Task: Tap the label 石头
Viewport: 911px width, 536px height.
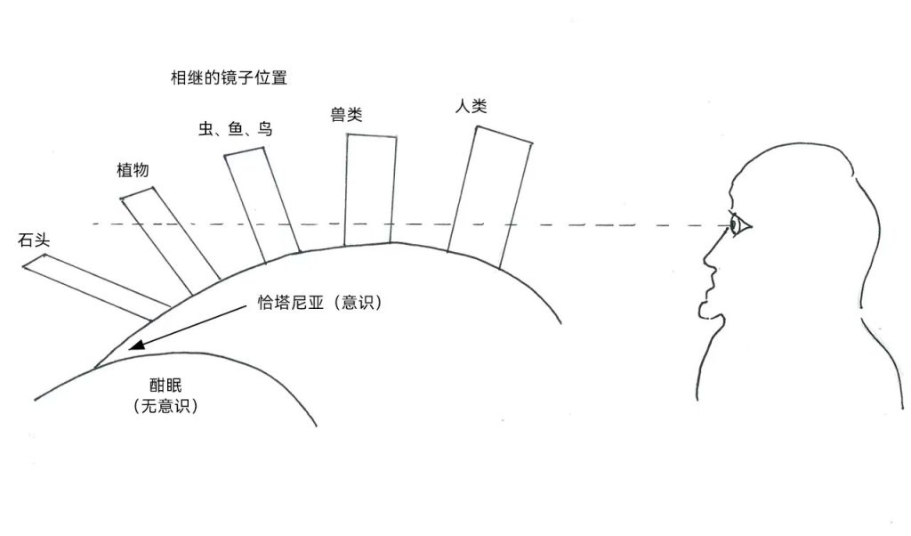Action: tap(33, 241)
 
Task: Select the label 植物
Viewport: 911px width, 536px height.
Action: tap(132, 170)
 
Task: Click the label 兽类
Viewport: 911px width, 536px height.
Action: tap(346, 114)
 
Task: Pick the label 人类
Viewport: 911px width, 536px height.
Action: tap(471, 107)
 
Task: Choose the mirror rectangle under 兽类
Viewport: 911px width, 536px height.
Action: tap(369, 189)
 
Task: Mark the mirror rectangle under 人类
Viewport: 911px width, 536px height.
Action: tap(489, 196)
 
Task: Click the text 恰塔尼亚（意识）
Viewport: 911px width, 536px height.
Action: tap(312, 304)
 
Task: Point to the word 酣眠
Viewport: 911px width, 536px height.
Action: tap(165, 386)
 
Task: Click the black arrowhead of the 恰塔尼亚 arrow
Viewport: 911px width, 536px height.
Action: tap(135, 346)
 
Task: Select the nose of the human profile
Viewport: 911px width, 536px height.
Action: tap(709, 259)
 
